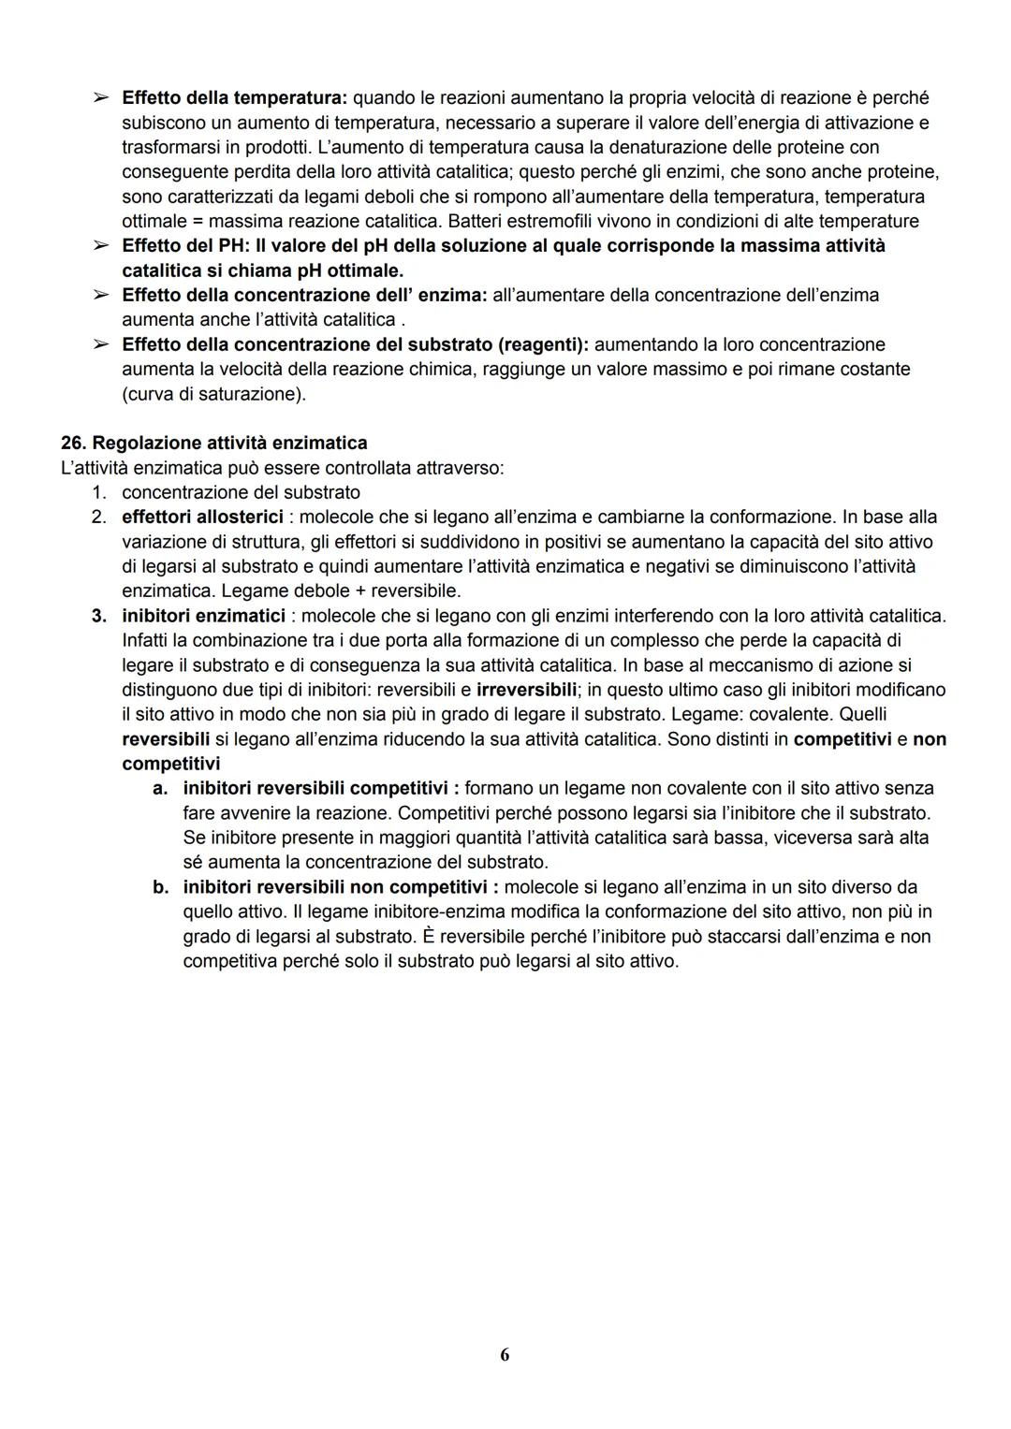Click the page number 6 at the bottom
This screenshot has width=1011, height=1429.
click(505, 1354)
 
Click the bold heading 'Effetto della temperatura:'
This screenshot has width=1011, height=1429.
click(234, 97)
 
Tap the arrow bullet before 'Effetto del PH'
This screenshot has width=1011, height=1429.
click(99, 246)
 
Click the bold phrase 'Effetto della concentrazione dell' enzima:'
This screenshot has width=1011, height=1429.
click(304, 296)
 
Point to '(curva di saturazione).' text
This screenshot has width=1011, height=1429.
click(213, 394)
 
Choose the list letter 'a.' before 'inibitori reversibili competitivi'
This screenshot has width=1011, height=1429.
click(160, 789)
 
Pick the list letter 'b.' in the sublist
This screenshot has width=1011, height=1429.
click(160, 887)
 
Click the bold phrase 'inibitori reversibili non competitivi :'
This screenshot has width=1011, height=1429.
click(341, 887)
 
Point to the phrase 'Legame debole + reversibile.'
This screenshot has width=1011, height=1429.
click(291, 591)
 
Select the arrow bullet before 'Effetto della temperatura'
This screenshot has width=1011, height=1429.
click(99, 97)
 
